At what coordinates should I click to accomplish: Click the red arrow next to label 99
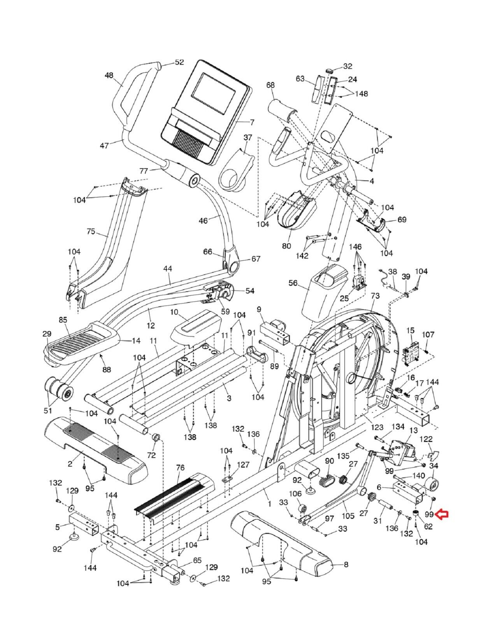[x=442, y=514]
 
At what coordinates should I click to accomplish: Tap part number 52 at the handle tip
[x=179, y=62]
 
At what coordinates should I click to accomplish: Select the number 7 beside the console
[x=252, y=122]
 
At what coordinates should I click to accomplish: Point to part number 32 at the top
[x=348, y=66]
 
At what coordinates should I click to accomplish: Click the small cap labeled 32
[x=330, y=71]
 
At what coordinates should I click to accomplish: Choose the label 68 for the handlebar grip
[x=270, y=85]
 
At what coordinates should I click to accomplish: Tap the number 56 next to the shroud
[x=293, y=283]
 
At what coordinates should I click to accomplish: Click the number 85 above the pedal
[x=63, y=320]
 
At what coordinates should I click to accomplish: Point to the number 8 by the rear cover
[x=346, y=565]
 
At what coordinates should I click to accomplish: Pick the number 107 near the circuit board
[x=428, y=334]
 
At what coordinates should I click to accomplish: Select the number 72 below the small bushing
[x=151, y=454]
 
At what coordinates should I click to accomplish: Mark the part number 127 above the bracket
[x=244, y=465]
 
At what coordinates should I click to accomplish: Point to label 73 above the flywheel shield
[x=375, y=296]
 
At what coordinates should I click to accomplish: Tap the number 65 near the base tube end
[x=197, y=560]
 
